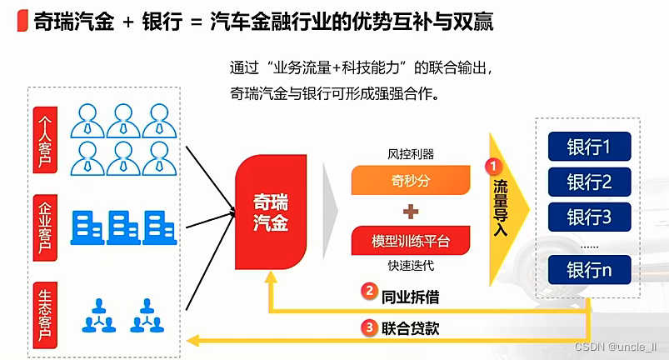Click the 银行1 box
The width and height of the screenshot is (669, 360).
click(x=589, y=147)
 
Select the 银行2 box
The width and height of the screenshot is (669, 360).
click(x=589, y=182)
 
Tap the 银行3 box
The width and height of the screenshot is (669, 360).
click(x=589, y=217)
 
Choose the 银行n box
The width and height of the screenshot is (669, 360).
click(x=589, y=270)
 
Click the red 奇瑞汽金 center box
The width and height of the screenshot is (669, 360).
click(x=271, y=212)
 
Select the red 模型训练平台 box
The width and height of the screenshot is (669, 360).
click(x=411, y=242)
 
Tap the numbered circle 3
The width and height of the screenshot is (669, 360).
click(x=368, y=327)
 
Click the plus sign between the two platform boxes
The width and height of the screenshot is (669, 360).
click(x=411, y=211)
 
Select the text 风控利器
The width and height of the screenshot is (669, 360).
click(x=411, y=155)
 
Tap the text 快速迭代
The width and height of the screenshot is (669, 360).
click(x=411, y=267)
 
